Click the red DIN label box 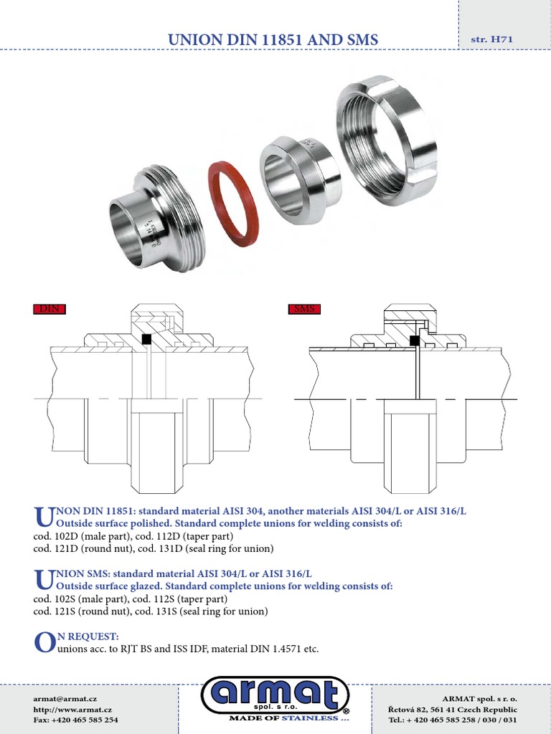[x=50, y=310]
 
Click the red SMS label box [x=304, y=310]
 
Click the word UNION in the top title [x=193, y=40]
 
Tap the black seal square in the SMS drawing [x=415, y=340]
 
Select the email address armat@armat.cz [x=65, y=697]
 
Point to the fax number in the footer [x=75, y=719]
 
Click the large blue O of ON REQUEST [x=44, y=643]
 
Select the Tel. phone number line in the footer [x=452, y=719]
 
